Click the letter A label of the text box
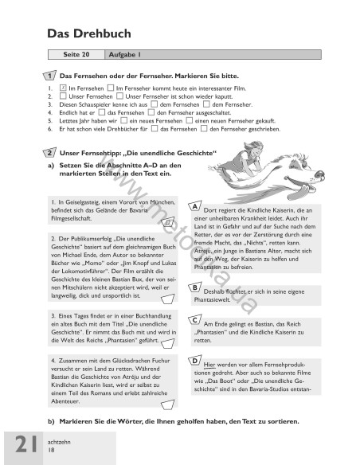tap(196, 206)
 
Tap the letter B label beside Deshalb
tap(196, 287)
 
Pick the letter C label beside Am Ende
tap(196, 320)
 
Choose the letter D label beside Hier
tap(196, 361)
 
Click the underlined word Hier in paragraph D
tap(209, 364)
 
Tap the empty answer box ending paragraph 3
tap(166, 344)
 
